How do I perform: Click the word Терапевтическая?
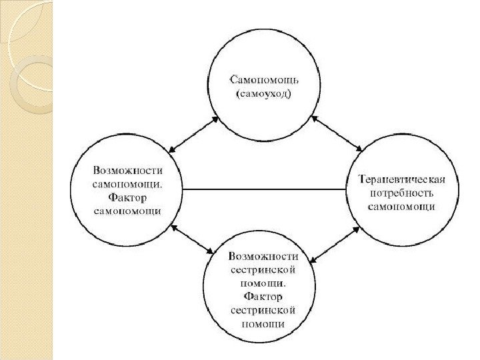[x=401, y=179]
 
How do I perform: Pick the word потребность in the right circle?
[x=401, y=193]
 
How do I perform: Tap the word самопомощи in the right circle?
[x=401, y=206]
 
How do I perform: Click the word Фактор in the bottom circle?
[x=264, y=295]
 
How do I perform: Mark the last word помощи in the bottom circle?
[x=264, y=325]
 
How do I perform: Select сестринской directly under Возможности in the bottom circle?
[x=264, y=269]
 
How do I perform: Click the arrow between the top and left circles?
[x=194, y=134]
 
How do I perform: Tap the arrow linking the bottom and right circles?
[x=335, y=245]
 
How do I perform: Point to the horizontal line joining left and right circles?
[x=265, y=189]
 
